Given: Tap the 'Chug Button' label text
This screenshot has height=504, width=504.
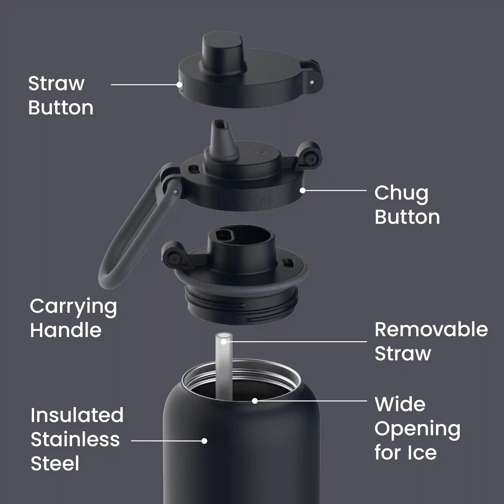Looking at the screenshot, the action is point(407,205).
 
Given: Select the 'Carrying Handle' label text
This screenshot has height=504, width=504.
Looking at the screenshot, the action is point(73,318).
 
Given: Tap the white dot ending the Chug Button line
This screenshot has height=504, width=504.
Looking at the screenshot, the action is point(303,191).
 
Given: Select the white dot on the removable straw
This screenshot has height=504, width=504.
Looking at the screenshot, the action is point(224,342).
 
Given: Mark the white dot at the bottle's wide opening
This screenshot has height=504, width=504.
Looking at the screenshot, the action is point(255,401).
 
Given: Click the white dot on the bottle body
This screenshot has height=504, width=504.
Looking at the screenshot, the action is point(204,441).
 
